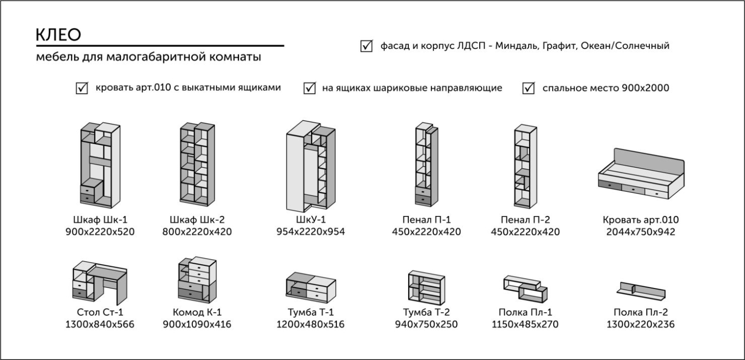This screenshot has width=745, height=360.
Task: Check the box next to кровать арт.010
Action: click(x=82, y=88)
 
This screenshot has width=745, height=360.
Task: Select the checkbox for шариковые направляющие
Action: click(x=310, y=88)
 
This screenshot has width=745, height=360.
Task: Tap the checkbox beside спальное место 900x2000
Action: click(x=529, y=88)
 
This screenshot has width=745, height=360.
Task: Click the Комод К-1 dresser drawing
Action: click(x=197, y=279)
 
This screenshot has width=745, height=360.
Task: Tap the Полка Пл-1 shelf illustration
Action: click(x=525, y=286)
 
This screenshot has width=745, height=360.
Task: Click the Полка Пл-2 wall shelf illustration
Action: click(x=641, y=291)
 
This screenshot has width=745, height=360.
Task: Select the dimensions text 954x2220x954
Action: click(x=311, y=232)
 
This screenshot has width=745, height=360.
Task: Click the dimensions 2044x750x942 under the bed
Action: click(x=640, y=232)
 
